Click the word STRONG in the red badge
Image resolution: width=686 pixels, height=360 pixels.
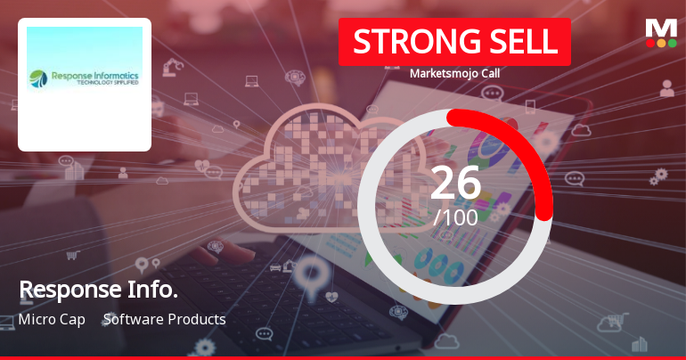pyautogui.click(x=404, y=41)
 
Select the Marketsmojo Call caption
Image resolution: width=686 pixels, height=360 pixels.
pyautogui.click(x=454, y=73)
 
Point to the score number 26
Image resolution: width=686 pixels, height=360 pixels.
pyautogui.click(x=455, y=183)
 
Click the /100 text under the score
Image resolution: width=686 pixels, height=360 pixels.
pyautogui.click(x=455, y=216)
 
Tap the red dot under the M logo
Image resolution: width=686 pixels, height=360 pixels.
pyautogui.click(x=650, y=43)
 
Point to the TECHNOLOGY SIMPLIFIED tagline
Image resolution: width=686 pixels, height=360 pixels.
pyautogui.click(x=102, y=86)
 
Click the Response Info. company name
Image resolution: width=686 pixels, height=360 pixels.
pyautogui.click(x=98, y=290)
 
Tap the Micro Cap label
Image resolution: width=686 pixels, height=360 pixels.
pyautogui.click(x=52, y=319)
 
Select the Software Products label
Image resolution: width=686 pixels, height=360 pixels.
pyautogui.click(x=165, y=319)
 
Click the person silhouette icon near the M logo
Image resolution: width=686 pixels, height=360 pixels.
pyautogui.click(x=666, y=87)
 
